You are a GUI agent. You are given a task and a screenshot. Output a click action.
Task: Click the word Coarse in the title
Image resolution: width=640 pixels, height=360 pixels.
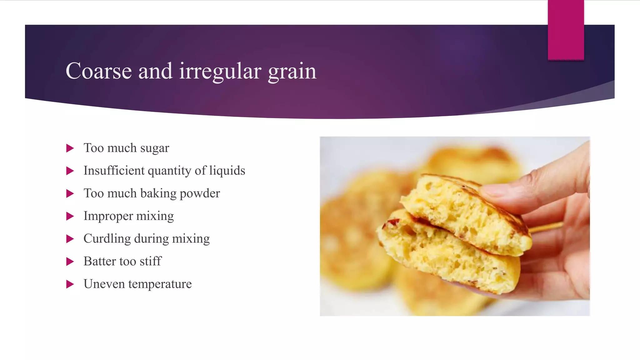coord(99,71)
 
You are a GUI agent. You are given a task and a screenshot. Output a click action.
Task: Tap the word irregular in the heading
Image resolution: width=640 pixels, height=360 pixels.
coord(220,71)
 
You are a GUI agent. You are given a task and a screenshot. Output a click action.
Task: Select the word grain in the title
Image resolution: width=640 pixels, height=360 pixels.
coord(292,71)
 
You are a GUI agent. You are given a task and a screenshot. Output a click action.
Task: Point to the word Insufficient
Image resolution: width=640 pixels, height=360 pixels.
coord(114,171)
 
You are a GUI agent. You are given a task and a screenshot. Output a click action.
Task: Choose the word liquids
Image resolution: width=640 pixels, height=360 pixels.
coord(227,171)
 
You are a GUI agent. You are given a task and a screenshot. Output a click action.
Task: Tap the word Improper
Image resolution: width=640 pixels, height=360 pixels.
coord(108,216)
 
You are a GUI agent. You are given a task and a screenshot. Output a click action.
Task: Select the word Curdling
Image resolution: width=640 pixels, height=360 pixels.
coord(107,239)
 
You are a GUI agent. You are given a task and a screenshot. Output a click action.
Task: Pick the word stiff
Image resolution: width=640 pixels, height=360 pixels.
coord(150,261)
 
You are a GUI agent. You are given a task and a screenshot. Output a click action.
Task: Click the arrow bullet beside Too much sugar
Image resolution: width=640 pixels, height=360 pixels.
coord(70,148)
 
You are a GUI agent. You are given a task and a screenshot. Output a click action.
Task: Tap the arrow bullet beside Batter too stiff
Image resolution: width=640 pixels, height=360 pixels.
coord(70,262)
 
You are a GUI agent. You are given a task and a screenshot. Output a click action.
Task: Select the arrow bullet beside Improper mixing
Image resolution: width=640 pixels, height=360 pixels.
coord(70,216)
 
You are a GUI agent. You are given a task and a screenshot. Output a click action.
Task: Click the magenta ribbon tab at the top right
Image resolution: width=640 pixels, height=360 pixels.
coord(566,30)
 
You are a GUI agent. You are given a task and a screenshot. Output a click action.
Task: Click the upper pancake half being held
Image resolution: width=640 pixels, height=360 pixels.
coord(462,212)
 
